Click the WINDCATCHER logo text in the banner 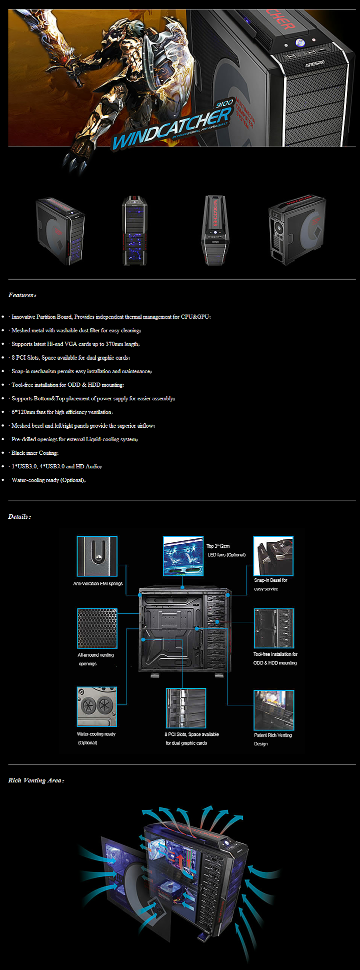pos(170,128)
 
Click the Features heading pos(22,295)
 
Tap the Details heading pos(19,517)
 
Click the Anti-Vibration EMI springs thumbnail pos(97,556)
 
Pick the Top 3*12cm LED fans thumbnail pos(183,556)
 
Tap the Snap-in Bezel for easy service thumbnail pos(273,556)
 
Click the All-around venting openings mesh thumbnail pos(97,629)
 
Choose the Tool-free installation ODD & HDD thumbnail pos(273,629)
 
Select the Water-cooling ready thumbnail pos(97,707)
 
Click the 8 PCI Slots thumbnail pos(185,708)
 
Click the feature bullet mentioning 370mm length pos(75,344)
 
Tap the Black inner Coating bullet pos(35,453)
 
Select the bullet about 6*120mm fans pos(62,412)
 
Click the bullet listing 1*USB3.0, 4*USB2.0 pos(56,466)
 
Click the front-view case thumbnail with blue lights pos(135,230)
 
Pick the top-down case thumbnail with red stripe pos(215,230)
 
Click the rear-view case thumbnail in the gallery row pos(296,230)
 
